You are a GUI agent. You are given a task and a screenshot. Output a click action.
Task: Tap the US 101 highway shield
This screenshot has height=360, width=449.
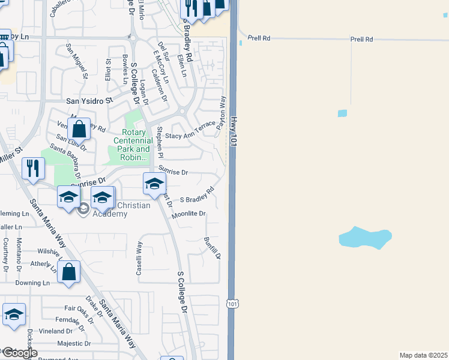pyautogui.click(x=233, y=304)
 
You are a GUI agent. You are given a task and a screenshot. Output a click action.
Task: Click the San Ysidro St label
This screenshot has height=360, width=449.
pyautogui.click(x=89, y=101)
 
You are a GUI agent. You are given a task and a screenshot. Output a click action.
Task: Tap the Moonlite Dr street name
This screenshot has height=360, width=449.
pyautogui.click(x=188, y=214)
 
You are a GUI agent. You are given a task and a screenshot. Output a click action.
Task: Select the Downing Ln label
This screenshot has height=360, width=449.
pyautogui.click(x=32, y=283)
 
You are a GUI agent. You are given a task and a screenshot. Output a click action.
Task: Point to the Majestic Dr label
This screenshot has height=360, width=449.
pyautogui.click(x=74, y=344)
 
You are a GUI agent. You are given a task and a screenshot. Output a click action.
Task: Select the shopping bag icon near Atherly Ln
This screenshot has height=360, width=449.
pyautogui.click(x=70, y=271)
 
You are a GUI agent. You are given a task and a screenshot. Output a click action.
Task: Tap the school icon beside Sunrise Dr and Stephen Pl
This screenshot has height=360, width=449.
pyautogui.click(x=154, y=183)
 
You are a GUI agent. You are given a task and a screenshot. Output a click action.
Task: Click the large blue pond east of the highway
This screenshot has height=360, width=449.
pyautogui.click(x=365, y=238)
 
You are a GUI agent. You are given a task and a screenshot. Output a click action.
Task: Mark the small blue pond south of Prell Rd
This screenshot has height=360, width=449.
pyautogui.click(x=342, y=113)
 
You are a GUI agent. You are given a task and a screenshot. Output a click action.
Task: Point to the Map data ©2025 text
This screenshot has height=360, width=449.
pyautogui.click(x=423, y=355)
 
